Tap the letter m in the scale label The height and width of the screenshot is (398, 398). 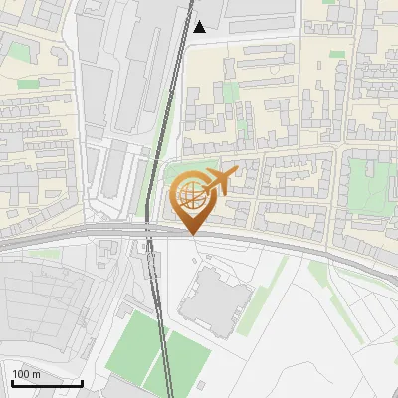pyautogui.click(x=36, y=374)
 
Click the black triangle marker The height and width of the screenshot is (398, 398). pyautogui.click(x=200, y=27)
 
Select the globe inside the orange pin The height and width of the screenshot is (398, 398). pyautogui.click(x=191, y=197)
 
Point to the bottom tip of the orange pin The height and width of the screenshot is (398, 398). pyautogui.click(x=191, y=233)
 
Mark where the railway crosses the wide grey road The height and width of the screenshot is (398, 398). pyautogui.click(x=150, y=232)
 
